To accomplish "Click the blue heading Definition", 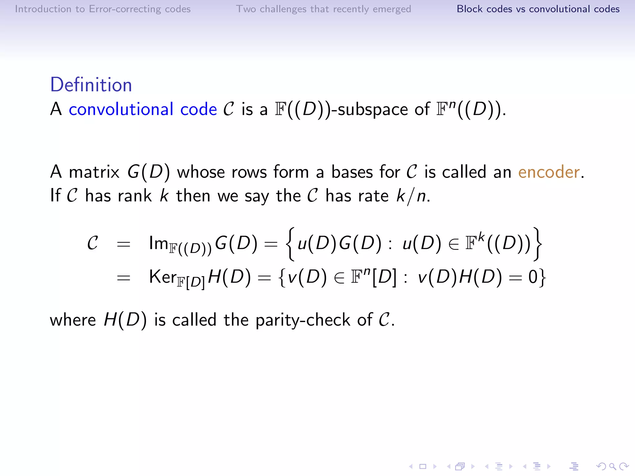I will tap(91, 85).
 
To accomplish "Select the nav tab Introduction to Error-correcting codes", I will tap(103, 9).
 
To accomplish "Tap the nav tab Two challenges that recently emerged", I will tap(323, 9).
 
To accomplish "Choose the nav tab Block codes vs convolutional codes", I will tap(538, 9).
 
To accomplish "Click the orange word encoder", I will tap(549, 172).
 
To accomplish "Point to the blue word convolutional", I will tap(121, 109).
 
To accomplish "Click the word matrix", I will tap(94, 172).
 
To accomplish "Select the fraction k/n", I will tap(411, 196).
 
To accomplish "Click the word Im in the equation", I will tap(158, 243).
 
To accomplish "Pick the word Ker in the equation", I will tap(162, 276).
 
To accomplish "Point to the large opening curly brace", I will tap(291, 244).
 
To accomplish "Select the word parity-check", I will tap(303, 320).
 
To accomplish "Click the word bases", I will tap(352, 172).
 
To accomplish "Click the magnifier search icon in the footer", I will tap(612, 466).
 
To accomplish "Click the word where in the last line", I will tap(73, 320).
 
